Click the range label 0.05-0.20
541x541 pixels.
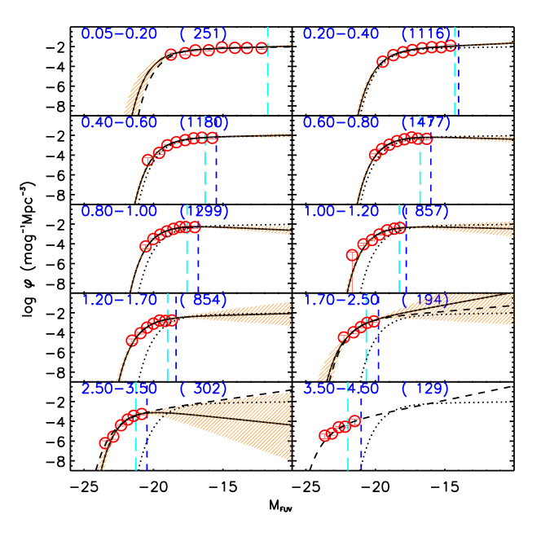click(x=119, y=33)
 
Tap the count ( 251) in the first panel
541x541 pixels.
click(x=204, y=33)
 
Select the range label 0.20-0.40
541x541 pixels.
click(x=341, y=33)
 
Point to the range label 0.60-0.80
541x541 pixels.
click(x=341, y=122)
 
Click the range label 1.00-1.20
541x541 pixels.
click(x=341, y=211)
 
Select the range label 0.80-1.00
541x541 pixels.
click(x=120, y=211)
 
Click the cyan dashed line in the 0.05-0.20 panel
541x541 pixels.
click(x=266, y=81)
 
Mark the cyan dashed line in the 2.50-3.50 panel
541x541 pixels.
click(x=136, y=440)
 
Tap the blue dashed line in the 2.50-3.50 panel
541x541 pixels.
click(x=147, y=444)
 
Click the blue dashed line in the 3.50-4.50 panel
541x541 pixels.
click(x=361, y=444)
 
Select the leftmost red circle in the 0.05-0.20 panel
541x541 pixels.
click(x=171, y=55)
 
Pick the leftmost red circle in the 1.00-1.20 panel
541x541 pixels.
click(x=352, y=255)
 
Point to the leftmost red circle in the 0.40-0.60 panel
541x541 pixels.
click(x=147, y=160)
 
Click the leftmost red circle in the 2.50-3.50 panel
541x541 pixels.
click(x=104, y=443)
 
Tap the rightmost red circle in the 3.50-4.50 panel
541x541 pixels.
click(x=354, y=421)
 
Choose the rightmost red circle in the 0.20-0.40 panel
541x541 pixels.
click(x=451, y=46)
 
